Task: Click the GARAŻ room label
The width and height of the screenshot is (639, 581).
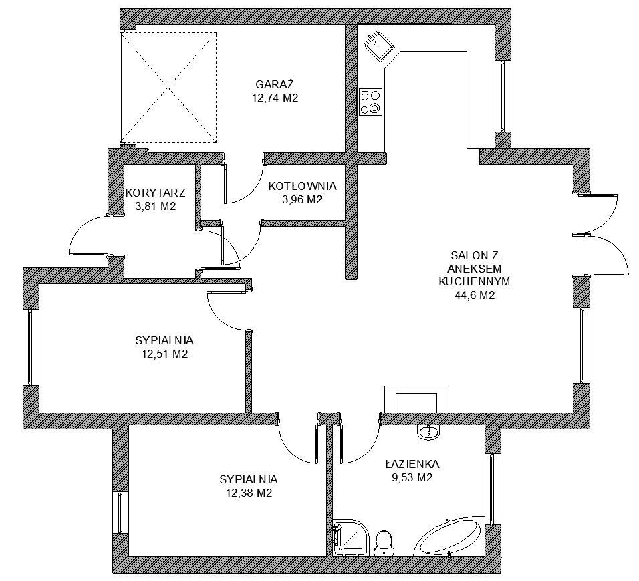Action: coord(275,84)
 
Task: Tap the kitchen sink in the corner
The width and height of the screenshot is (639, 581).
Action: coord(379,45)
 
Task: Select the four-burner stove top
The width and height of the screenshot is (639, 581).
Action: coord(370,102)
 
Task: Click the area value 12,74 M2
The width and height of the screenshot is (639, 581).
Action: coord(275,98)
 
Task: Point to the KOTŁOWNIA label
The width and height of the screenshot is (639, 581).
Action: coord(302,186)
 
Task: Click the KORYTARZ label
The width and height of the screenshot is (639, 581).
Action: coord(155,192)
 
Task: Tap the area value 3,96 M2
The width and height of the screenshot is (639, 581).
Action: coord(302,199)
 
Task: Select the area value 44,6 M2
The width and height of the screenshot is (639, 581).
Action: coord(475,296)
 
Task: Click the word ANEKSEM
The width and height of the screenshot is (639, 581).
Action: coord(474,269)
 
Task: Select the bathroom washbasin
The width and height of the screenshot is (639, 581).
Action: coord(428,432)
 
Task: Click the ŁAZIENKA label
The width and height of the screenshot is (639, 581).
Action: coord(412,463)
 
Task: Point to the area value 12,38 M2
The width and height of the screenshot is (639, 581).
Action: coord(249,493)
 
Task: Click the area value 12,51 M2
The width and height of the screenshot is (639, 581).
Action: coord(164,354)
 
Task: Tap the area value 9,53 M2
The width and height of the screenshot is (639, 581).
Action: coord(412,477)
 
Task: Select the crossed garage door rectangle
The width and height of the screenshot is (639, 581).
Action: coord(168,88)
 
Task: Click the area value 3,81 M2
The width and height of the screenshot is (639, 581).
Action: coord(155,206)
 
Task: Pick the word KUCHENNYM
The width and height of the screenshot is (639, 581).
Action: coord(474,281)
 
